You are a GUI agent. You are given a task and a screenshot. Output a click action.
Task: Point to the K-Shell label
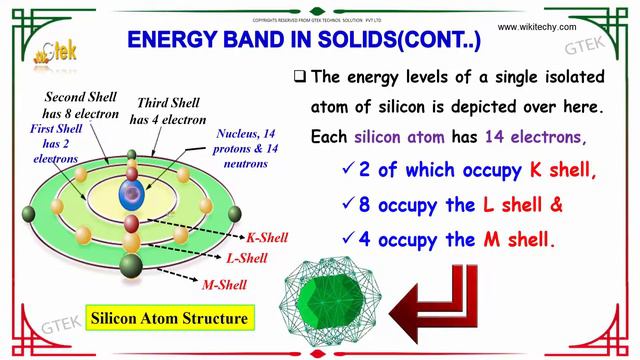pos(266,238)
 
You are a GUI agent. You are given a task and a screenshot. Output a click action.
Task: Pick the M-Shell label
pos(226,285)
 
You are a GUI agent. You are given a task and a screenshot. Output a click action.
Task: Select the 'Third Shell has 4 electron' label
pos(155,107)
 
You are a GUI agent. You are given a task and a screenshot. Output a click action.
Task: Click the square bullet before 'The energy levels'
pos(300,76)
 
